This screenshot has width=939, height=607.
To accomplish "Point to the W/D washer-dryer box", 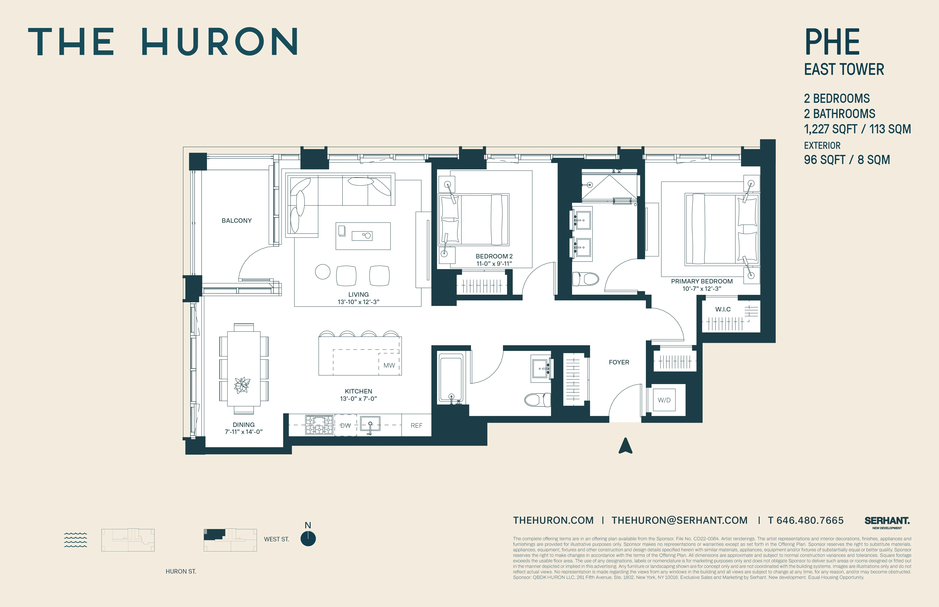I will point(664,400).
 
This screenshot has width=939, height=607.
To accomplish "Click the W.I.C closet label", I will point(723,309).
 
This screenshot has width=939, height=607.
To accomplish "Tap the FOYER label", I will point(619,362).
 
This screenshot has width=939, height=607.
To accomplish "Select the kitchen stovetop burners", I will point(319,425).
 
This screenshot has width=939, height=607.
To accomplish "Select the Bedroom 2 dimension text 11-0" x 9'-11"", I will point(494,264).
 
